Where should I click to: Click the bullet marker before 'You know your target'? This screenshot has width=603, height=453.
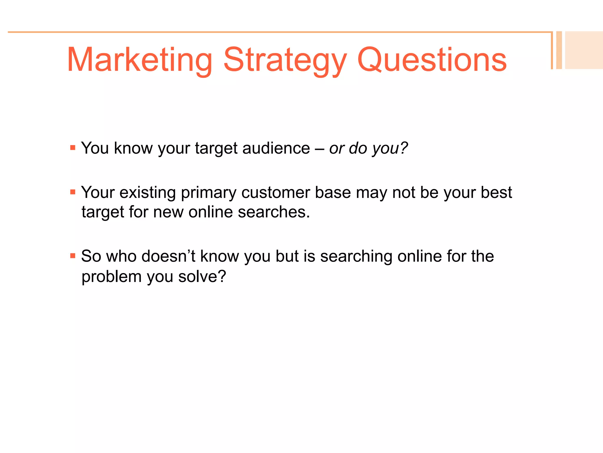(73, 147)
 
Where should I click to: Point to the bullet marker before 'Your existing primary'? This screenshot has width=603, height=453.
(73, 192)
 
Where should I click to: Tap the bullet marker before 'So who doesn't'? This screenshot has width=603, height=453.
(73, 256)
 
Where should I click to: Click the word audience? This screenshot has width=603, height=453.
(276, 148)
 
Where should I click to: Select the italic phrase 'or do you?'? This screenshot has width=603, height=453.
(368, 148)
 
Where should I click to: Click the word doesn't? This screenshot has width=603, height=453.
(168, 256)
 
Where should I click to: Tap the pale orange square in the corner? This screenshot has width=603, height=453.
(584, 50)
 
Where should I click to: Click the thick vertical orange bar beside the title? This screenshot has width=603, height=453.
(559, 50)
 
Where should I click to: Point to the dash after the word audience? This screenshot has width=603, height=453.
(319, 149)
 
